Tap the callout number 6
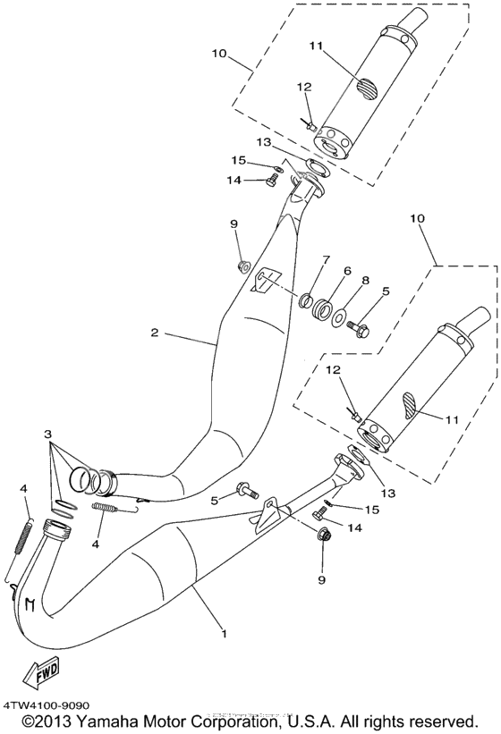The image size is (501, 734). tap(346, 270)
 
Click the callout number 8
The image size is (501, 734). tap(365, 280)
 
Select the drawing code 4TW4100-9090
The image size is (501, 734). tap(45, 705)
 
